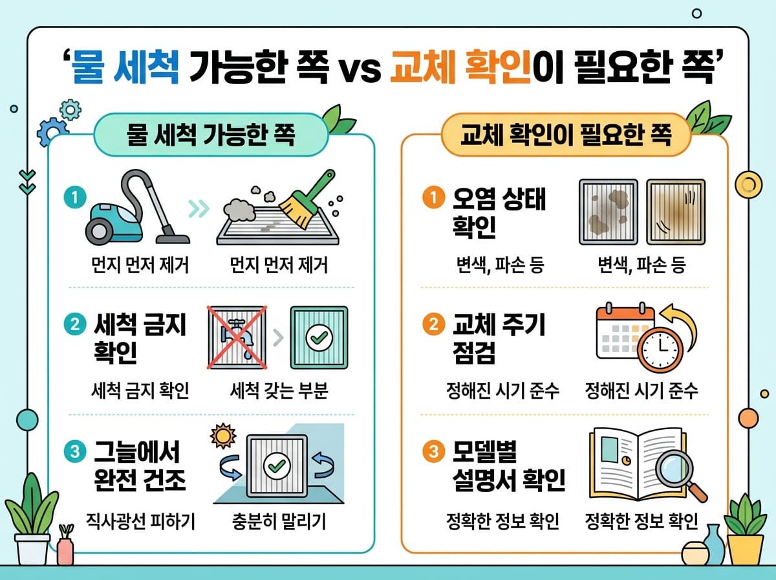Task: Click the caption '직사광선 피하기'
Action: tap(141, 520)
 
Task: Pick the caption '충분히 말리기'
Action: tap(279, 520)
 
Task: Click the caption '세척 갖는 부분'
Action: tap(279, 391)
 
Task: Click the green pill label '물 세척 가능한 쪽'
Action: tap(211, 135)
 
